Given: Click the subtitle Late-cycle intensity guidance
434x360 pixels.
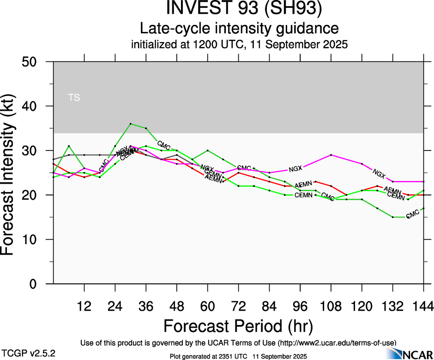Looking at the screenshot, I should point(239,28).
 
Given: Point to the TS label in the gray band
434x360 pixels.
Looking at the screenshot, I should point(74,97).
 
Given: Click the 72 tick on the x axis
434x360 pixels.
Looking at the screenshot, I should point(238,306).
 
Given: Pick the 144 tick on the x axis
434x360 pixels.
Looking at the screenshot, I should point(424,306).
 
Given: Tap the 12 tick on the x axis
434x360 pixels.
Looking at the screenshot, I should point(84,306).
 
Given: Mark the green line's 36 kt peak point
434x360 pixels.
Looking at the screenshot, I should point(131,124).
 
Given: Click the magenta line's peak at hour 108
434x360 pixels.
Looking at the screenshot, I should point(331,155).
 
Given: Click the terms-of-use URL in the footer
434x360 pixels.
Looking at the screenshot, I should point(337,342).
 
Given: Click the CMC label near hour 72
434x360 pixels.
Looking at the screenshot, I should point(244,168).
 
